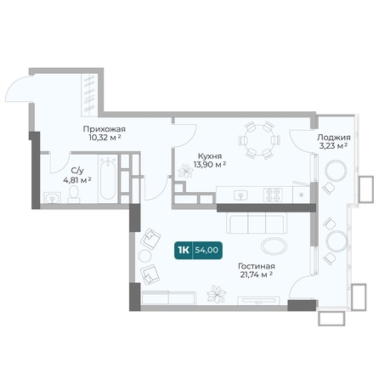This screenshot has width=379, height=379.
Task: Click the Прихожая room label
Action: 105,129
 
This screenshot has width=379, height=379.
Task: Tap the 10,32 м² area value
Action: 105,138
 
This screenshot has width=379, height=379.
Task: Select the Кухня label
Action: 210,156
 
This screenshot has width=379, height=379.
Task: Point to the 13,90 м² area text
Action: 210,164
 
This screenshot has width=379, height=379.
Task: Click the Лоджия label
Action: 334,138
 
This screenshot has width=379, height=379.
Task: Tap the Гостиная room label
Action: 257,266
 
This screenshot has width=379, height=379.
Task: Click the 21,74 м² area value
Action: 257,274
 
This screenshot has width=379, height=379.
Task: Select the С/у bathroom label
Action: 77,171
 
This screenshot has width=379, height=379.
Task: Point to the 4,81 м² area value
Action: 77,180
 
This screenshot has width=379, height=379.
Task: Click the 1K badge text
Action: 184,250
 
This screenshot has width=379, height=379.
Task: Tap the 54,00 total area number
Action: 206,250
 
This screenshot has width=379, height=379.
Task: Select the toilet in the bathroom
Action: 74,195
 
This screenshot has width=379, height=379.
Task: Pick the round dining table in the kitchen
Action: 259,140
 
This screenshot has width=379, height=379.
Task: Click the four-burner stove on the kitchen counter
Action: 273,195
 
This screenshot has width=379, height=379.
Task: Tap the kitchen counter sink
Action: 240,195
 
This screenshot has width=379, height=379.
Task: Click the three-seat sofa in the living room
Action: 257,223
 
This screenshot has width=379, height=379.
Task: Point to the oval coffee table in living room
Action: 274,246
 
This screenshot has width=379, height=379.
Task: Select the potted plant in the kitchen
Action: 185,171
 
